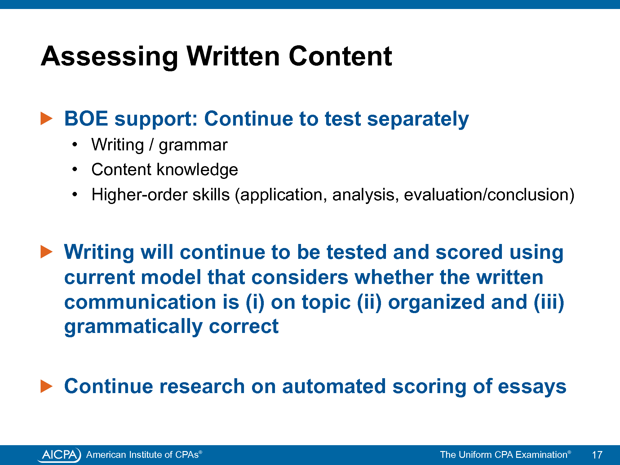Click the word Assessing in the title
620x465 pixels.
[x=109, y=57]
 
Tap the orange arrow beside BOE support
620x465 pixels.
[x=46, y=119]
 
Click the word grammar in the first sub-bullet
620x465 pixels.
[x=193, y=145]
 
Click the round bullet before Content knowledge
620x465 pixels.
[x=75, y=169]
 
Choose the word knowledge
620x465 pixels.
[x=197, y=170]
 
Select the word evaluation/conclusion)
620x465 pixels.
[x=489, y=195]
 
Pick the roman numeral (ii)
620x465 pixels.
[x=369, y=302]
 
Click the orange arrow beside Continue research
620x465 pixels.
[x=46, y=386]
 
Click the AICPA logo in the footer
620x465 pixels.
[x=59, y=455]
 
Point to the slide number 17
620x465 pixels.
[x=597, y=455]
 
